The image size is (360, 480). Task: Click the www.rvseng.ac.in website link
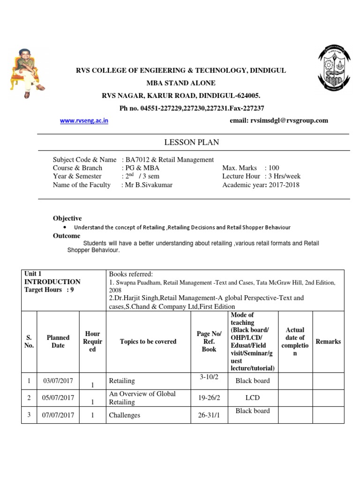[x=84, y=120]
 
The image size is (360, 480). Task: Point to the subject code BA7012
[x=136, y=159]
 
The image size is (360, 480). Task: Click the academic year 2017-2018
[x=283, y=185]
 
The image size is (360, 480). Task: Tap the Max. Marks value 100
[x=274, y=168]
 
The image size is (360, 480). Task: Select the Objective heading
[x=67, y=218]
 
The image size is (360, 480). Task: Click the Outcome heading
[x=67, y=236]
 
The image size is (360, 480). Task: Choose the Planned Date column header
[x=58, y=342]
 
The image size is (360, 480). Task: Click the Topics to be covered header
[x=148, y=342]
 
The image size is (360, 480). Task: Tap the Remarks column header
[x=328, y=342]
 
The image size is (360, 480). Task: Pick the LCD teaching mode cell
[x=253, y=397]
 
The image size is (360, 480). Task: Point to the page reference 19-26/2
[x=209, y=397]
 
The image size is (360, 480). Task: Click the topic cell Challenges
[x=124, y=415]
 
